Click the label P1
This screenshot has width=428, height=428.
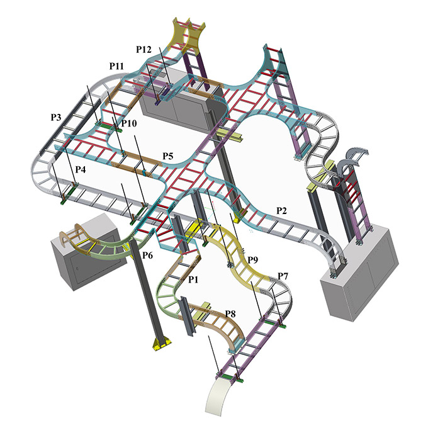(x=193, y=279)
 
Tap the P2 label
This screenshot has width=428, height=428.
(x=282, y=210)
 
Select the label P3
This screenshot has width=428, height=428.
(x=56, y=117)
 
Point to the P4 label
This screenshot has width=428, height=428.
(x=81, y=169)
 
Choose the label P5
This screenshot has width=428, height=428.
(x=168, y=156)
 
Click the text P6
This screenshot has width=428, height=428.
(x=148, y=255)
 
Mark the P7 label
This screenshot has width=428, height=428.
(x=283, y=276)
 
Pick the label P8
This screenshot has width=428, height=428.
(x=230, y=313)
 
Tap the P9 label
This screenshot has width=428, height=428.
(x=253, y=259)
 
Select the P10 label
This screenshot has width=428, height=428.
(x=129, y=123)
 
